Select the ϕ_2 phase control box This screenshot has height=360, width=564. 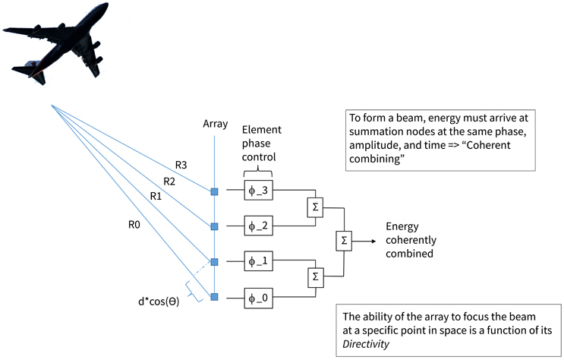point(260,225)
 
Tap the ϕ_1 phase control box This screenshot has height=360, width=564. point(260,261)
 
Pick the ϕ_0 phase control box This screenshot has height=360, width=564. point(260,296)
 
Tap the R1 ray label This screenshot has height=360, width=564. point(156,197)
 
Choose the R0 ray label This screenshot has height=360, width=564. point(136,223)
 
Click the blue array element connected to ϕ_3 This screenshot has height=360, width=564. point(215,191)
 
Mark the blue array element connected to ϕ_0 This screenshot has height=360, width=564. point(215,296)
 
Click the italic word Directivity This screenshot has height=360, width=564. point(367,344)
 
